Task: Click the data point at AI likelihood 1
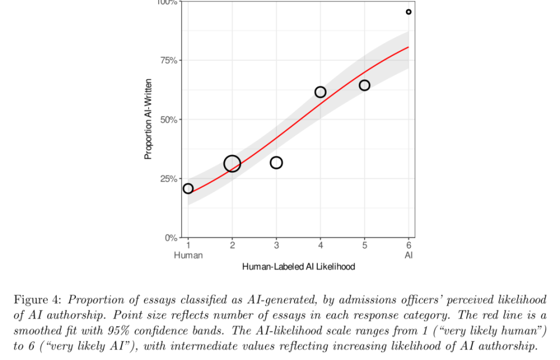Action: pyautogui.click(x=184, y=188)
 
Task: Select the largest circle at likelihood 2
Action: pyautogui.click(x=224, y=164)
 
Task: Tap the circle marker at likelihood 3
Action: pyautogui.click(x=271, y=163)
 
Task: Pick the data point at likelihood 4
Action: pyautogui.click(x=316, y=92)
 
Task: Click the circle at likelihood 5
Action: pyautogui.click(x=360, y=85)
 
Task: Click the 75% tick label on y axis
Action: pyautogui.click(x=169, y=60)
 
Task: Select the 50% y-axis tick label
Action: pyautogui.click(x=169, y=120)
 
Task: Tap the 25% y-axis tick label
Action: pyautogui.click(x=169, y=179)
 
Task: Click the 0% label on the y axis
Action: pyautogui.click(x=171, y=238)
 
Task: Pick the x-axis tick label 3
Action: pyautogui.click(x=276, y=246)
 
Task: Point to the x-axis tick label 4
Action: pyautogui.click(x=320, y=246)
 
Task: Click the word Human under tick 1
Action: pyautogui.click(x=188, y=256)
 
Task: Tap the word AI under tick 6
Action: pyautogui.click(x=408, y=256)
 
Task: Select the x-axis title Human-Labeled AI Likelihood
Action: pyautogui.click(x=299, y=267)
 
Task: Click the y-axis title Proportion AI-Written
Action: pyautogui.click(x=148, y=119)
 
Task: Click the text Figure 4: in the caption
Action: pyautogui.click(x=37, y=300)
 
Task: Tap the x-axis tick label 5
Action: pyautogui.click(x=365, y=246)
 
